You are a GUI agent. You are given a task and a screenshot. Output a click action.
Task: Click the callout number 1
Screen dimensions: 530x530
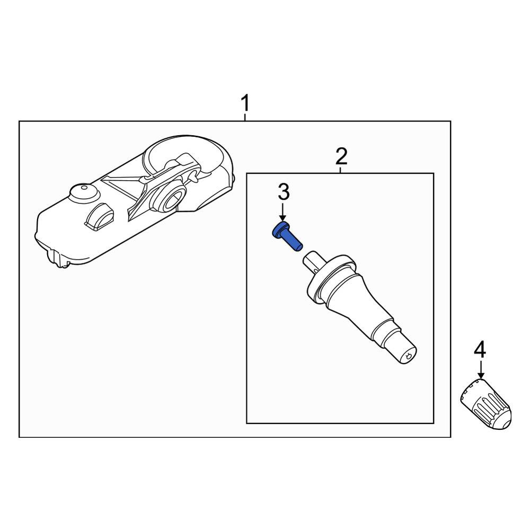click(245, 103)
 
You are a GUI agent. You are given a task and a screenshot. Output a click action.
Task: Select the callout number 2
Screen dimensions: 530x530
click(341, 156)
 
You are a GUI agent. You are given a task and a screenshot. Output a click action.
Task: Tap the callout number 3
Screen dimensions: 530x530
click(284, 192)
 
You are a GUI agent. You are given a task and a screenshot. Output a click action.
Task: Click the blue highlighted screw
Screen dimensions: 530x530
click(287, 236)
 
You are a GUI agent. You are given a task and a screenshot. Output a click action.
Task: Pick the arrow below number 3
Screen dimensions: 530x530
click(283, 211)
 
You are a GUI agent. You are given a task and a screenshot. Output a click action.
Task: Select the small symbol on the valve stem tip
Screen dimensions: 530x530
click(409, 356)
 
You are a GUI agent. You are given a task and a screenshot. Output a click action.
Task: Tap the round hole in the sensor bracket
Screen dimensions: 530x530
click(173, 199)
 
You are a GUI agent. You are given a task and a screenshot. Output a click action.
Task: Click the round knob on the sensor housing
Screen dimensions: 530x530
click(84, 193)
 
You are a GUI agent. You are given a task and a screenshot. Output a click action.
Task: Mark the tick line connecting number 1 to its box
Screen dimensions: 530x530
click(245, 117)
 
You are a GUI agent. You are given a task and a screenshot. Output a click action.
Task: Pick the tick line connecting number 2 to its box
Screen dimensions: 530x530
click(341, 170)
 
